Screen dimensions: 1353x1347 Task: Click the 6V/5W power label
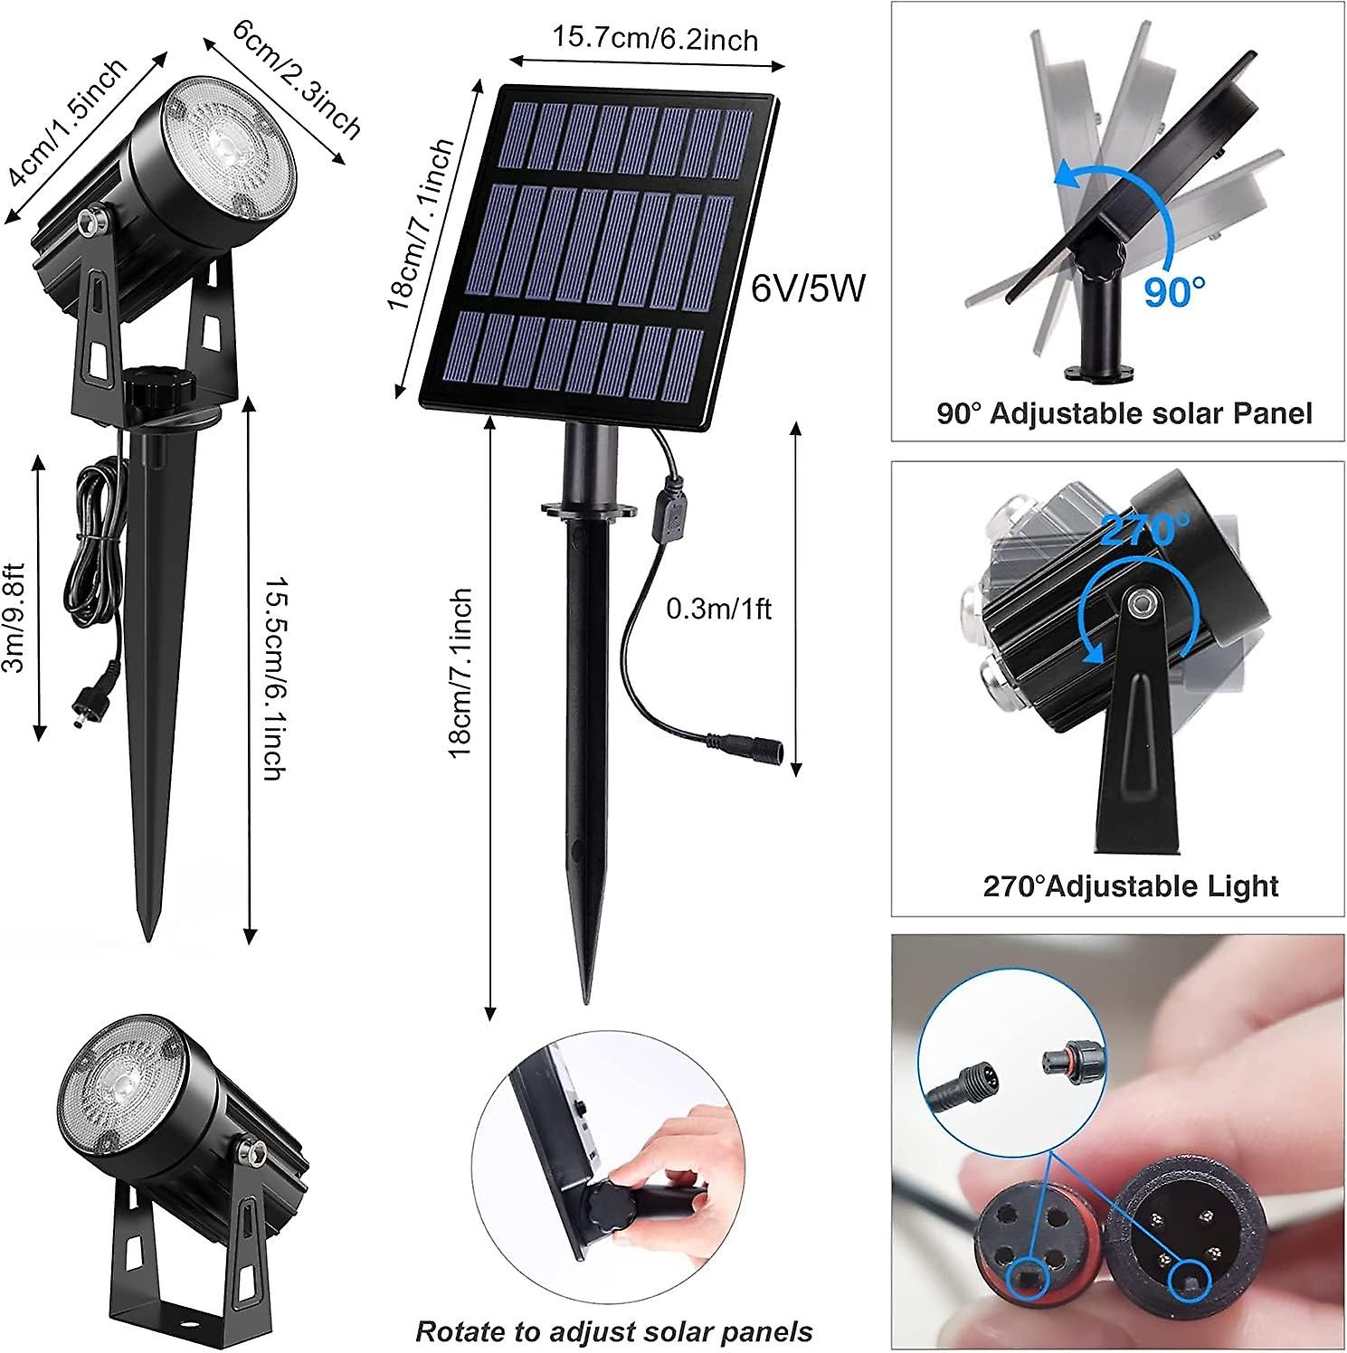point(808,289)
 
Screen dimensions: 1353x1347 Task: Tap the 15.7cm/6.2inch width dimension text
point(655,39)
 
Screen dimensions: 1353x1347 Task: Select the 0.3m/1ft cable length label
point(718,609)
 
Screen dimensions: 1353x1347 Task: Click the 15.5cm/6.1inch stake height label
point(275,677)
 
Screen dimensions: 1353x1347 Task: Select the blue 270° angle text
point(1145,529)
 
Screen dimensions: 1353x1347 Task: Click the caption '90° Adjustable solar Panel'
point(1124,413)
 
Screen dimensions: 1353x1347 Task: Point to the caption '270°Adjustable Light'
point(1130,885)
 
